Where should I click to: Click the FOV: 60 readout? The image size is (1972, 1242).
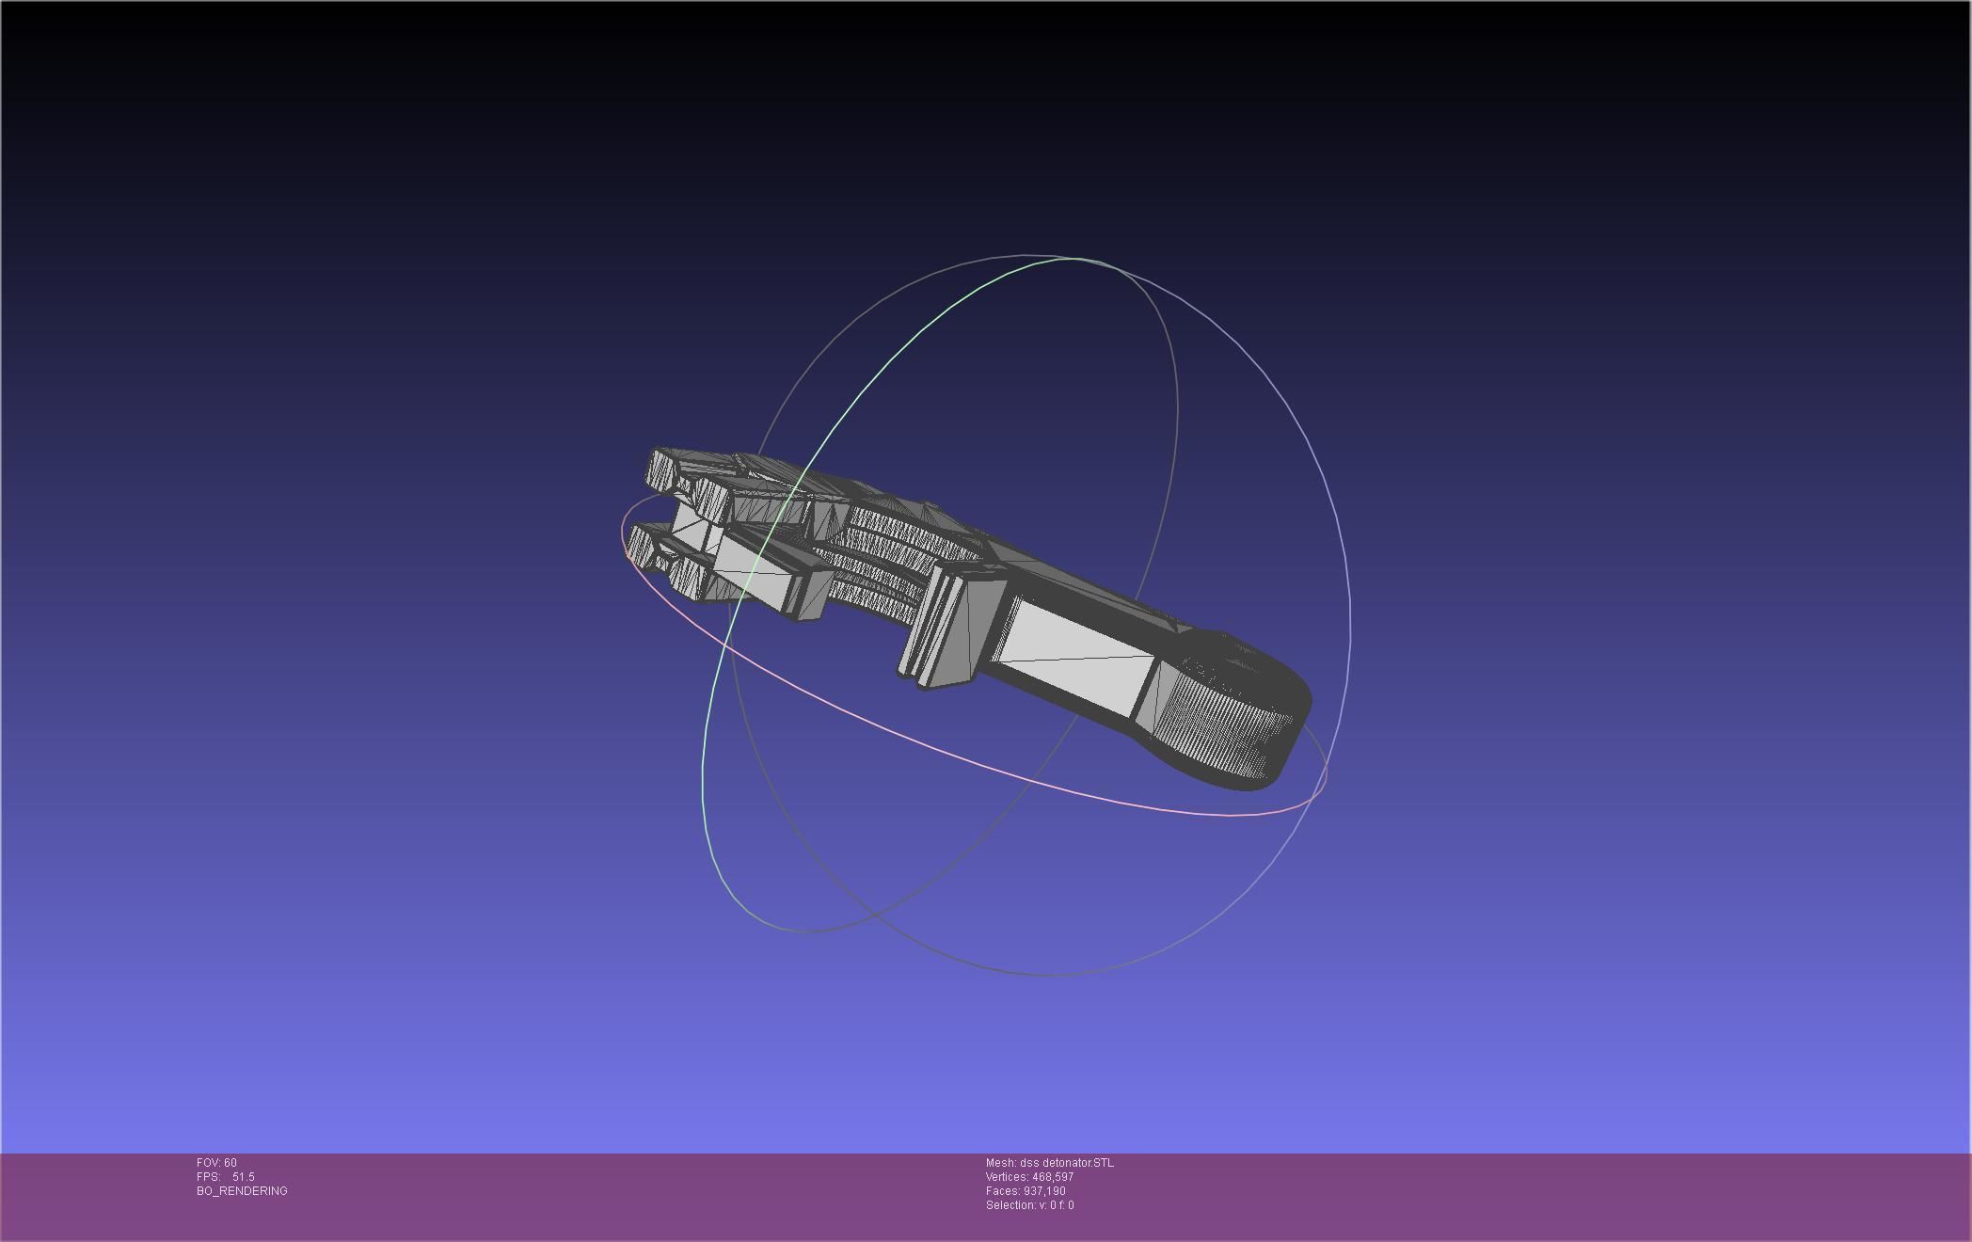(216, 1163)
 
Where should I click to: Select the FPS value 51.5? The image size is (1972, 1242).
(243, 1177)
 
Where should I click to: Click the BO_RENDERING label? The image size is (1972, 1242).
(242, 1191)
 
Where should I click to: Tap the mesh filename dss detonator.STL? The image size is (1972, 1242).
(1066, 1163)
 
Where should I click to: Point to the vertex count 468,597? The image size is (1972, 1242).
(1053, 1177)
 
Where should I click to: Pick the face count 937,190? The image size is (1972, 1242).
(1044, 1191)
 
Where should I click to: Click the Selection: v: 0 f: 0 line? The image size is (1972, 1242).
(1029, 1205)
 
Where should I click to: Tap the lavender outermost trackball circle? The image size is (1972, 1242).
(1347, 583)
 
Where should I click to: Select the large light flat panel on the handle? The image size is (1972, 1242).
(1073, 649)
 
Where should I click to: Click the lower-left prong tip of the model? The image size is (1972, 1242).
(641, 546)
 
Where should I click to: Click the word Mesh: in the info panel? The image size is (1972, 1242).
(1000, 1163)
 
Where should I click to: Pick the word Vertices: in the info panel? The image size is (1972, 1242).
(1007, 1177)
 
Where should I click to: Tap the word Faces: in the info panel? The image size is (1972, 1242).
(1003, 1191)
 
